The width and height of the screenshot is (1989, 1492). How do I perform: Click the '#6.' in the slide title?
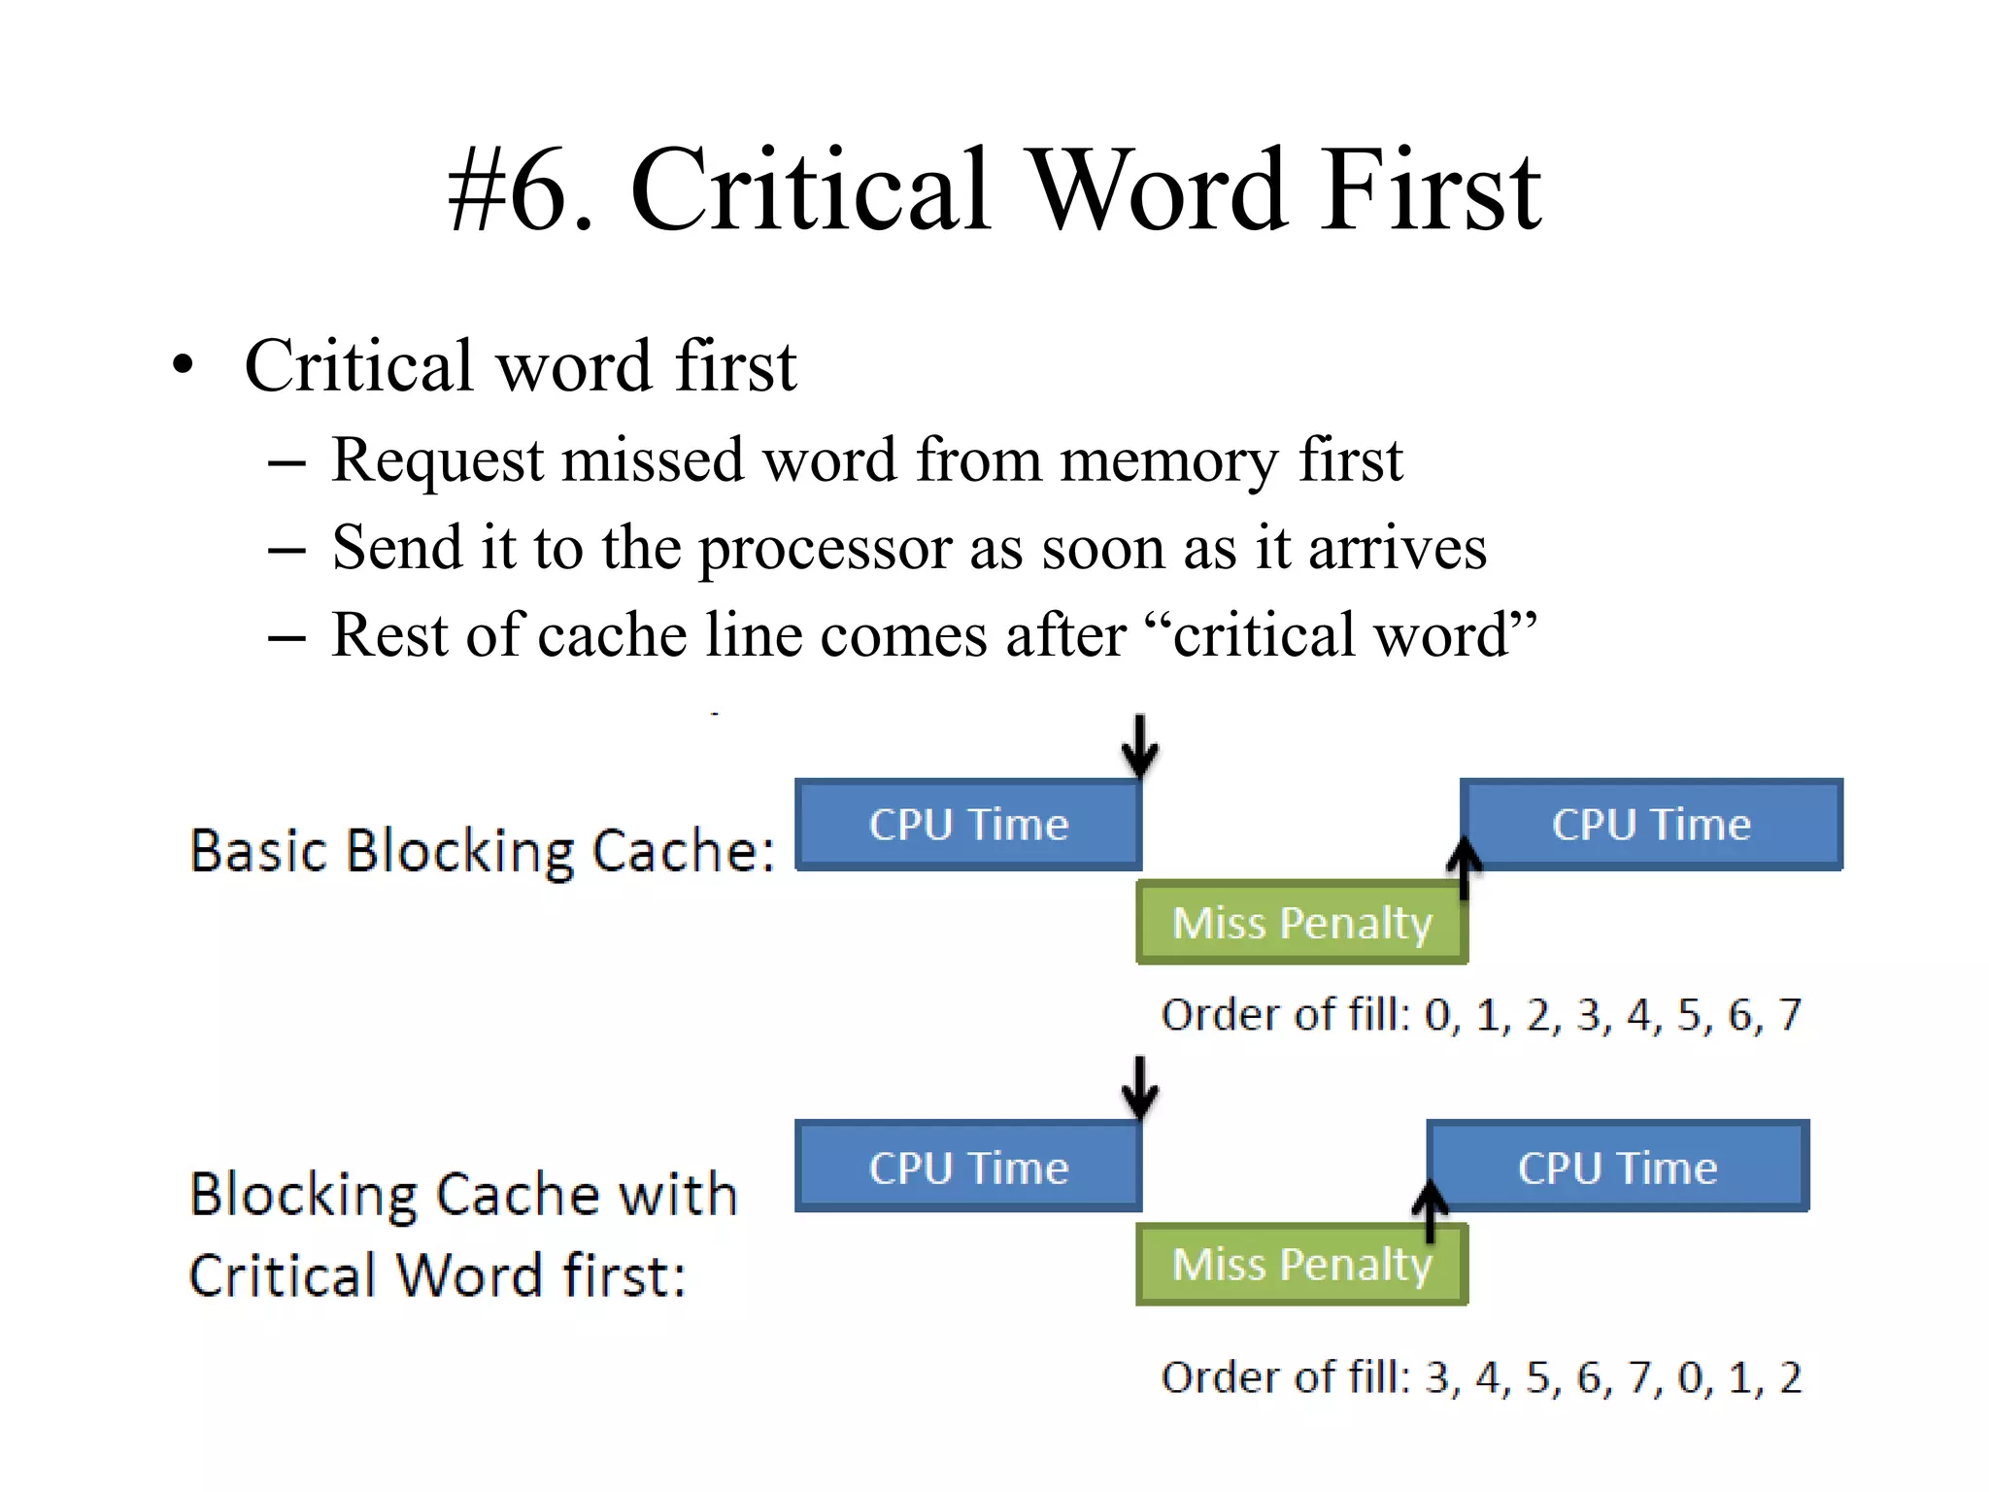coord(520,189)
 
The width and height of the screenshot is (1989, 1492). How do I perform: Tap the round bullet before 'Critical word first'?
coord(183,367)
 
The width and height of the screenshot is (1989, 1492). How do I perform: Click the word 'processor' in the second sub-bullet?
coord(826,550)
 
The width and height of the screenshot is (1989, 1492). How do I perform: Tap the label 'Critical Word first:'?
coord(437,1275)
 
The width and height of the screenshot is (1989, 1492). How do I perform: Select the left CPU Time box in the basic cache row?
coord(968,825)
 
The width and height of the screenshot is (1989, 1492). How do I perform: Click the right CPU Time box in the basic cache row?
coord(1651,825)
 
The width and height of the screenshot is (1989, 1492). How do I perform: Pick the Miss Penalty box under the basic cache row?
coord(1301,923)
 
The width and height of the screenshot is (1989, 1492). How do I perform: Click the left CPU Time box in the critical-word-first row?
coord(968,1167)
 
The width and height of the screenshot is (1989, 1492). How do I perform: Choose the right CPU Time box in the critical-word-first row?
coord(1617,1167)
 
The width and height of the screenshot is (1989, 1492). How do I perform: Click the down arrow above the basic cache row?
coord(1139,746)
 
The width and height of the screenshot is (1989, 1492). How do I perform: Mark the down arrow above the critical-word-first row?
coord(1139,1088)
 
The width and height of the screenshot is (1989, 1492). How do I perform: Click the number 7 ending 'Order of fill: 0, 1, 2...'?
coord(1789,1014)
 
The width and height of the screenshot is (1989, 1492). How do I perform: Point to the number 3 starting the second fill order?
coord(1437,1377)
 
